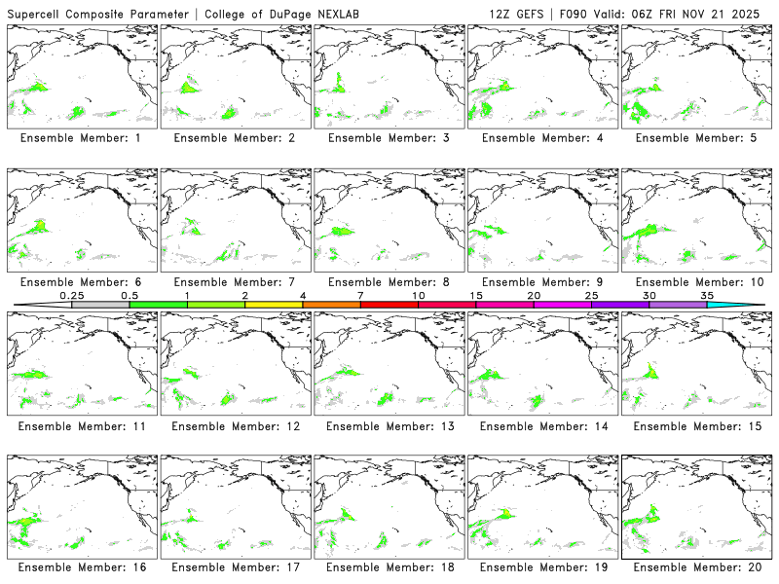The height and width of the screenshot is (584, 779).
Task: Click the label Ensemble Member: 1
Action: pyautogui.click(x=81, y=138)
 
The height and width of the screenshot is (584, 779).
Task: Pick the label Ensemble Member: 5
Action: pyautogui.click(x=695, y=138)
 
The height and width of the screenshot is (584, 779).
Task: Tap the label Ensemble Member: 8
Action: pyautogui.click(x=389, y=282)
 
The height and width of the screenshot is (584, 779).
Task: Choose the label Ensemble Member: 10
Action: pyautogui.click(x=695, y=282)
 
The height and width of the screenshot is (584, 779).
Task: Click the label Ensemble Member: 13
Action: pyautogui.click(x=389, y=425)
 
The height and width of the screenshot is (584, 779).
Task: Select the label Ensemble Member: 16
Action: pyautogui.click(x=81, y=566)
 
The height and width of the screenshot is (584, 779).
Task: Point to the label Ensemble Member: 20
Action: pyautogui.click(x=695, y=566)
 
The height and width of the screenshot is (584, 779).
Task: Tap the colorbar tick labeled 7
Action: pyautogui.click(x=360, y=295)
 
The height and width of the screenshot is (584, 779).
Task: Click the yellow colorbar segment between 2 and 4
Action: pyautogui.click(x=274, y=305)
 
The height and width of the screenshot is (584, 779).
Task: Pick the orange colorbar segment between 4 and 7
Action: pyautogui.click(x=331, y=305)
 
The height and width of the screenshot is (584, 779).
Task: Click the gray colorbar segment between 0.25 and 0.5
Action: pyautogui.click(x=100, y=305)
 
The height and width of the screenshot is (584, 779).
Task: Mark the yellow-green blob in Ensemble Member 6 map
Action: pyautogui.click(x=40, y=227)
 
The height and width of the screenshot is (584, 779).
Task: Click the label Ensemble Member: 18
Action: pyautogui.click(x=389, y=566)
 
